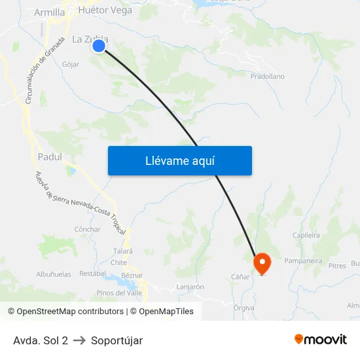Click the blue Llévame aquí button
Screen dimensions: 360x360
tap(179, 160)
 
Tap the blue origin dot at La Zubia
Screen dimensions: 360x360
tap(99, 45)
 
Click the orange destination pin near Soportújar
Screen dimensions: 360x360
tap(262, 264)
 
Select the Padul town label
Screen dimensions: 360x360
tap(50, 157)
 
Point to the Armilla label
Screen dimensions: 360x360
tap(49, 12)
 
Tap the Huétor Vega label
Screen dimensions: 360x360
tap(105, 10)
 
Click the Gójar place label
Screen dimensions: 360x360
tap(70, 64)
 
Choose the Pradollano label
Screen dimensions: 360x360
tap(268, 77)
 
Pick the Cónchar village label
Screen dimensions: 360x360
tap(88, 229)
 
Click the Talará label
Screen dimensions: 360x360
tap(123, 251)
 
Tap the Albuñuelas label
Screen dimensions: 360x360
tap(54, 274)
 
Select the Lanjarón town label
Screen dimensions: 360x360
tap(190, 287)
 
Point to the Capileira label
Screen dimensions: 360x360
tap(306, 236)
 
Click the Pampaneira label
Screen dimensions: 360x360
tap(303, 261)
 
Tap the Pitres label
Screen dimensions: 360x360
tap(337, 266)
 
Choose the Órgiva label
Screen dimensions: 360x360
tap(243, 307)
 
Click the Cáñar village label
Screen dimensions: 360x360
tap(240, 277)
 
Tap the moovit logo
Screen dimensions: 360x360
tap(321, 339)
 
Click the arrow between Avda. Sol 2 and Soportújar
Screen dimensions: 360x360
tap(79, 340)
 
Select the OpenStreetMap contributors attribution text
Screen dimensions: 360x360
tap(66, 312)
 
